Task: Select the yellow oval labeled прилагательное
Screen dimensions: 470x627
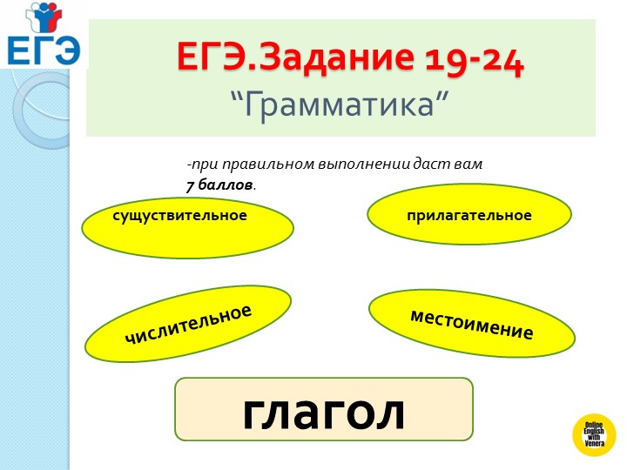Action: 469,216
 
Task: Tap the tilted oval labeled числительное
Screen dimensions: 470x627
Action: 188,324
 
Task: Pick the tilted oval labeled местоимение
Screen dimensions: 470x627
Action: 472,324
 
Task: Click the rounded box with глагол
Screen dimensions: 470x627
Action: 324,410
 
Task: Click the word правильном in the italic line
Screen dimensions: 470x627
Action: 260,164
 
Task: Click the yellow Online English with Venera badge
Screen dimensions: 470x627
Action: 593,434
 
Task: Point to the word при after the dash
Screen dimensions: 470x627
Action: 203,164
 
